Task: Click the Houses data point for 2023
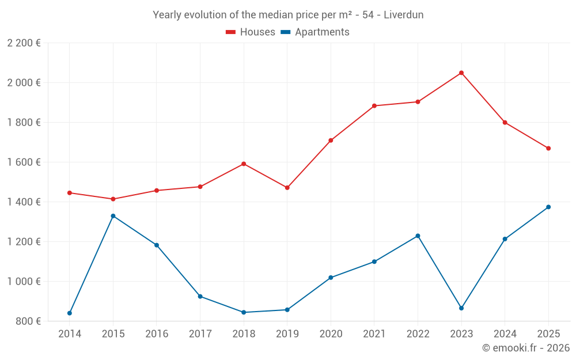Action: pos(461,73)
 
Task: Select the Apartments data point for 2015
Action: pos(113,216)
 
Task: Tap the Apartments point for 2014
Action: pos(70,313)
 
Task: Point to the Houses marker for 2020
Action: pos(331,141)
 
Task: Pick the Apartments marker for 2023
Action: pos(461,308)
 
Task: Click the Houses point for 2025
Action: pos(548,149)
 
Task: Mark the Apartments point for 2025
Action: pos(548,207)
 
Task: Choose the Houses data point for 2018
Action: pos(244,164)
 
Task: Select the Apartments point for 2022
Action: pos(418,236)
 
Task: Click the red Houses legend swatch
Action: pos(230,32)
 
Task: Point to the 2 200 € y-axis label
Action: pos(24,43)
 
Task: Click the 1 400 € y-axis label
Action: pos(24,202)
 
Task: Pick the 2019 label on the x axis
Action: pos(287,334)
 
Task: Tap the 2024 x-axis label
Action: pos(505,334)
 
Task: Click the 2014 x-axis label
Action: pos(70,334)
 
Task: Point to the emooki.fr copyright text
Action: pos(526,348)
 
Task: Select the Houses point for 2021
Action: pos(374,106)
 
